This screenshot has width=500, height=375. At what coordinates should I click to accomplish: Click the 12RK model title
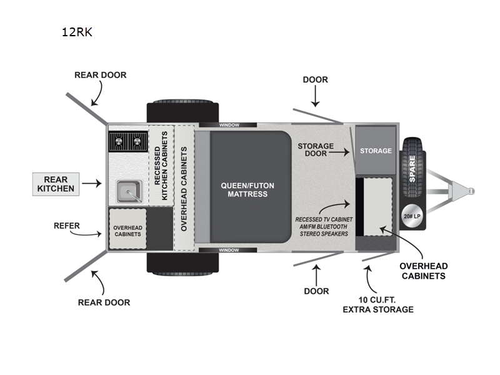click(x=77, y=32)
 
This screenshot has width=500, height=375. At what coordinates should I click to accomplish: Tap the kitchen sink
click(x=127, y=191)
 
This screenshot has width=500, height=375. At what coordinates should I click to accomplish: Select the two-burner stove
click(x=127, y=142)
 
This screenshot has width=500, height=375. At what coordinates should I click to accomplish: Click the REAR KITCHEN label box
click(x=56, y=184)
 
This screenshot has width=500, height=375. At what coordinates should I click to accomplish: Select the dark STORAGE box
click(x=376, y=151)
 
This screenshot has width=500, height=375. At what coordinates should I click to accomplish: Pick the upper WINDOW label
click(x=229, y=125)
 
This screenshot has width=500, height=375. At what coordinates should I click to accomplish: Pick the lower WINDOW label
click(x=229, y=250)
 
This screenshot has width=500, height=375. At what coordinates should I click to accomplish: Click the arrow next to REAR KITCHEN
click(x=91, y=184)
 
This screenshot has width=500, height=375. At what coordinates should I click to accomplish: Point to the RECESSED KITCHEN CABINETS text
click(x=161, y=174)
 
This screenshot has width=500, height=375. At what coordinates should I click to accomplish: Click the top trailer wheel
click(x=182, y=111)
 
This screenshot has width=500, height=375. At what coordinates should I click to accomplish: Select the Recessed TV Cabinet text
click(x=323, y=226)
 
